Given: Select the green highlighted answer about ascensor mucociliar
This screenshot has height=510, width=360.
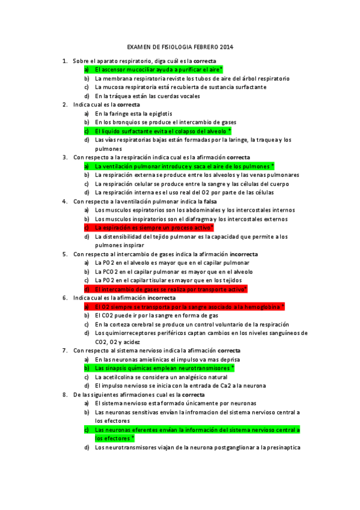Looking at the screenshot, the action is (x=158, y=70).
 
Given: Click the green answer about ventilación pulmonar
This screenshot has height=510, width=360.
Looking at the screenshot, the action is (x=183, y=166).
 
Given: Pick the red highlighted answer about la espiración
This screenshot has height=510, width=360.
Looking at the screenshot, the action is (x=154, y=228).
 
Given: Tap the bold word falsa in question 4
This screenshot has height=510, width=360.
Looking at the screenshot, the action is (x=210, y=201).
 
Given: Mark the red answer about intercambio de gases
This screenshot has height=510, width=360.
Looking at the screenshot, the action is (x=171, y=289).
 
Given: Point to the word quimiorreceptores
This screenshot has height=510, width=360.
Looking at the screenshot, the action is (x=136, y=333).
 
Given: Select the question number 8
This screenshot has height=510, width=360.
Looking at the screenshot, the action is (x=65, y=395).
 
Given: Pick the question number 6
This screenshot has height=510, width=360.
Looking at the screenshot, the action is (x=65, y=298).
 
